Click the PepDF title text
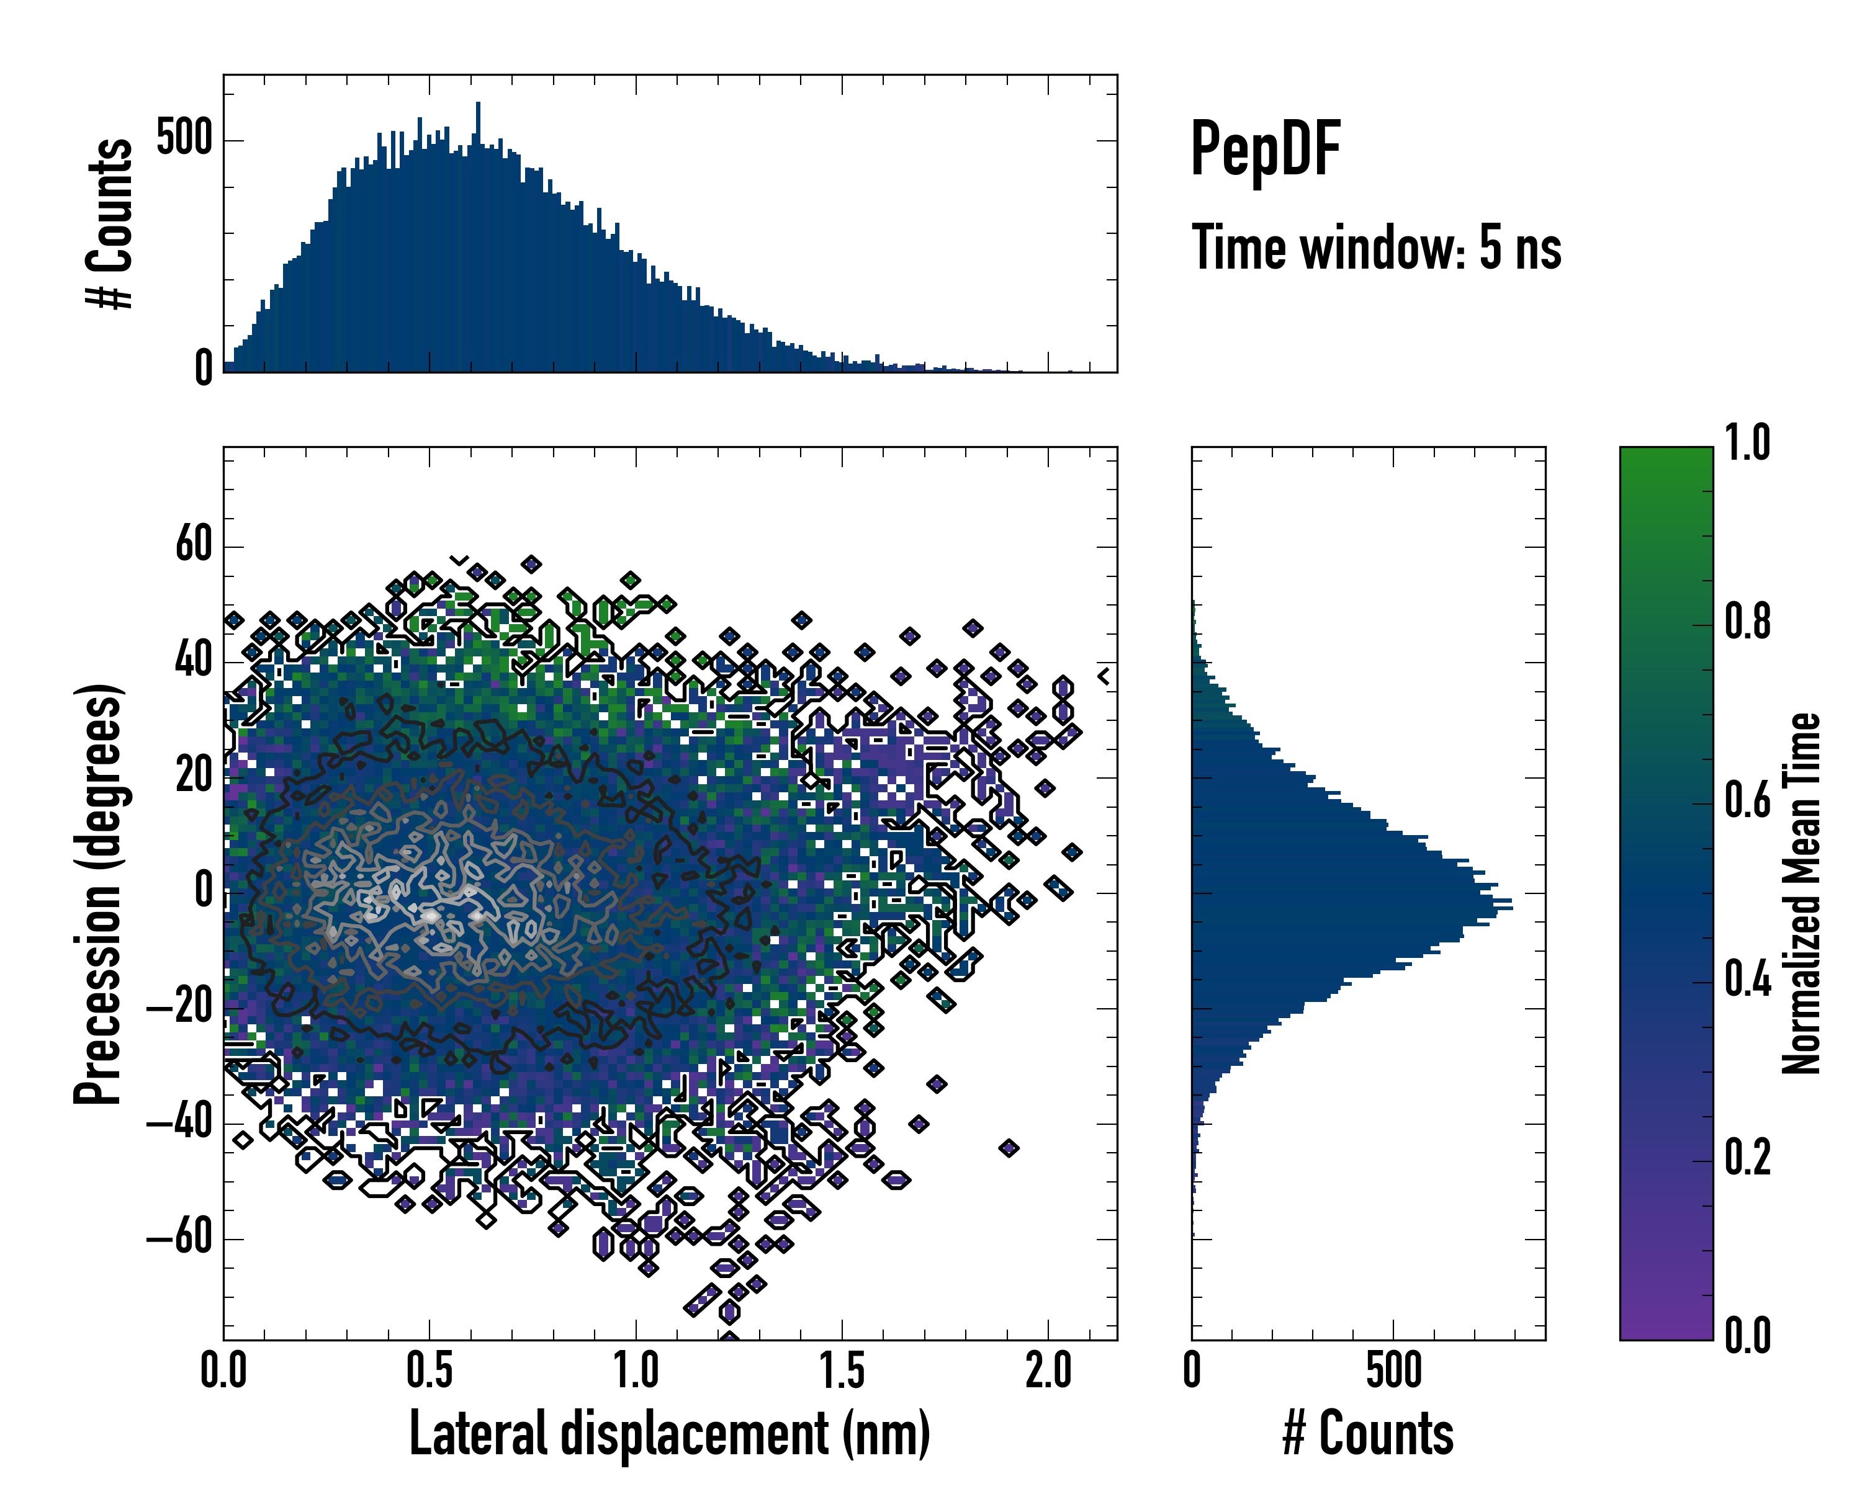tap(1264, 148)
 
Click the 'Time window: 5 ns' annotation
tap(1376, 248)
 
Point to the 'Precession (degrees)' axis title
tap(97, 893)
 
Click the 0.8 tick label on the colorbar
tap(1747, 622)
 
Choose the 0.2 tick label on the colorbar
tap(1747, 1158)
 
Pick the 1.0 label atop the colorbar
tap(1747, 444)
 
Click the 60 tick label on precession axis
tap(194, 545)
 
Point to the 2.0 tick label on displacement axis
tap(1048, 1371)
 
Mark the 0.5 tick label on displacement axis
tap(430, 1371)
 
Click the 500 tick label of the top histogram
tap(184, 139)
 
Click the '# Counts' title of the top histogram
tap(110, 223)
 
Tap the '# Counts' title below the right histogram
tap(1368, 1434)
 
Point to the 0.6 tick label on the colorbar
tap(1747, 801)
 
